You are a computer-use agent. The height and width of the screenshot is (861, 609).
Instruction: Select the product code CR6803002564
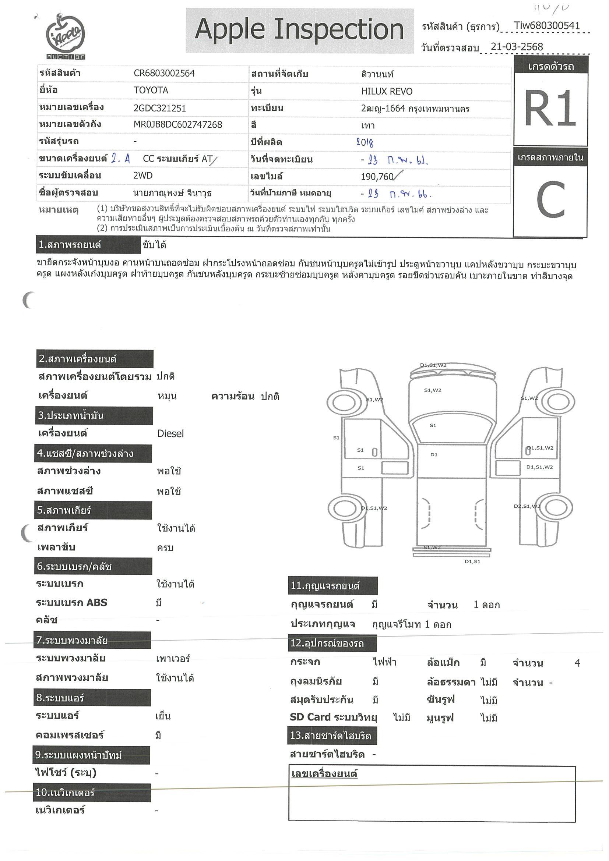(x=164, y=73)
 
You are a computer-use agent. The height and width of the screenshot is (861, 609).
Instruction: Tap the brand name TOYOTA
(x=151, y=91)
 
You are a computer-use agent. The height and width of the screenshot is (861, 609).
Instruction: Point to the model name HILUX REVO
(x=387, y=92)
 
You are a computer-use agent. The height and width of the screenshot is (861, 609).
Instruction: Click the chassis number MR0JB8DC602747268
(x=178, y=124)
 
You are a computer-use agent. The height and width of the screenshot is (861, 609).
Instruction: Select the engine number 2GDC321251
(x=159, y=108)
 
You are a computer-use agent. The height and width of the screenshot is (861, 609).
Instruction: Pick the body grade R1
(x=550, y=109)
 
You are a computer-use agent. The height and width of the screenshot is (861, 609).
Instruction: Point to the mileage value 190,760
(x=377, y=177)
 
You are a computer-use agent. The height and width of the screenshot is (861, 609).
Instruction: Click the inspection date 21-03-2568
(x=517, y=47)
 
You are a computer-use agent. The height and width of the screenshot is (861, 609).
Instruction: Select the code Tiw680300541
(x=547, y=26)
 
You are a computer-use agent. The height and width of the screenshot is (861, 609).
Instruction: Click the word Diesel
(x=170, y=434)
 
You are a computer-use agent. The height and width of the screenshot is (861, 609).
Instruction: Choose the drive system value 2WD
(x=142, y=176)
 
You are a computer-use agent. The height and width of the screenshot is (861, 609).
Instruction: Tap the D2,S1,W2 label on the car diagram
(x=527, y=506)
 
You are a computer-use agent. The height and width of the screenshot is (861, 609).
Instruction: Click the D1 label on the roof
(x=434, y=454)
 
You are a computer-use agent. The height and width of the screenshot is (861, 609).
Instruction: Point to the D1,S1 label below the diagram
(x=472, y=561)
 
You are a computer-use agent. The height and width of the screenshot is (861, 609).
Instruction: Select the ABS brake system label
(x=71, y=603)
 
